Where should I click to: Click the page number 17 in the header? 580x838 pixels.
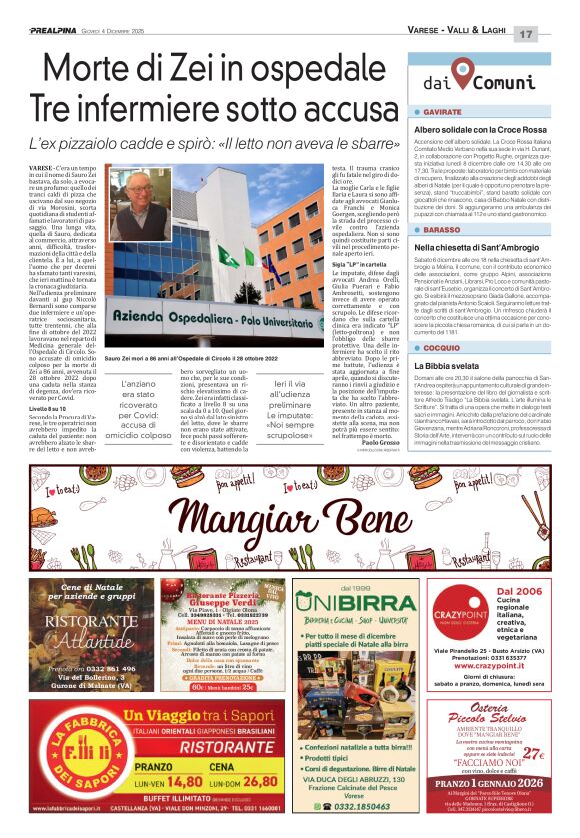(553, 34)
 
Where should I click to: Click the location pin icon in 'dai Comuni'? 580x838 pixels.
(460, 73)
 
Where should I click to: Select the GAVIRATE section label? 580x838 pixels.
(441, 113)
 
